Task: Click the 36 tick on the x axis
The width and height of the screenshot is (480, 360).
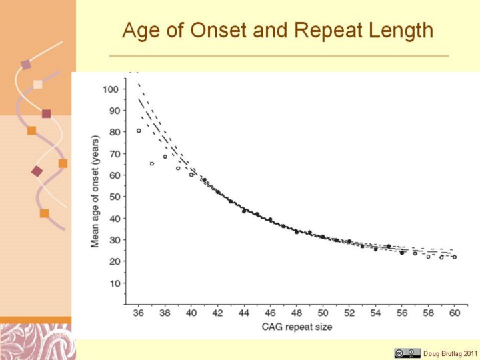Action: click(138, 313)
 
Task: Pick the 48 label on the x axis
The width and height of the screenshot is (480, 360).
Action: click(297, 313)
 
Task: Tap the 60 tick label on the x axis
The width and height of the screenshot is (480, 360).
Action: click(455, 313)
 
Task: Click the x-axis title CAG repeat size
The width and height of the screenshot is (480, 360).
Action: click(297, 327)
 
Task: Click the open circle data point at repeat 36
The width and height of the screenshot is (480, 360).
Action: click(139, 131)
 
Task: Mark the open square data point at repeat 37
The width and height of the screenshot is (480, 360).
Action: click(152, 163)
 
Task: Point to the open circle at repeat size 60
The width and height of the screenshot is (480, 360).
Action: click(455, 257)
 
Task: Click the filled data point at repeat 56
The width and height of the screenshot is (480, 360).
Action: click(402, 253)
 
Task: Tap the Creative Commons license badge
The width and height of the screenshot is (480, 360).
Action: click(407, 353)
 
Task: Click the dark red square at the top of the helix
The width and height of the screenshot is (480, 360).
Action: click(26, 65)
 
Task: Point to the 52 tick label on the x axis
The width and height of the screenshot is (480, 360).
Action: click(349, 313)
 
